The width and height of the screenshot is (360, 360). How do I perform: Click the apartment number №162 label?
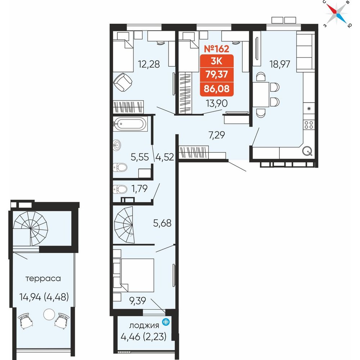click(216, 49)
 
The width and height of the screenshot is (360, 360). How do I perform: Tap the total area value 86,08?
click(216, 89)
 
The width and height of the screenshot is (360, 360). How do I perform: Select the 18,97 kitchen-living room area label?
click(280, 64)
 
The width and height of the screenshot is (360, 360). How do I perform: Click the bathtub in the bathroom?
click(130, 124)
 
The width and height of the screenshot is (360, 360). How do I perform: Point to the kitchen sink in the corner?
click(307, 151)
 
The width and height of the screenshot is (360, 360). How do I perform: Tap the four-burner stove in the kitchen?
click(309, 125)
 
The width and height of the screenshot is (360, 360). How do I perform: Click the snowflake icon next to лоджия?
click(166, 322)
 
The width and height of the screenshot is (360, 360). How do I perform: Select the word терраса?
click(43, 279)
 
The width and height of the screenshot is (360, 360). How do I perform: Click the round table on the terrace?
click(49, 314)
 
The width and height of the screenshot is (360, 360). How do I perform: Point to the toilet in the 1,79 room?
click(120, 189)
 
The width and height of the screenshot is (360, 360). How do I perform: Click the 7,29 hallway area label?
click(216, 135)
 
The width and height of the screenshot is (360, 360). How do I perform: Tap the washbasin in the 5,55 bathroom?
click(117, 145)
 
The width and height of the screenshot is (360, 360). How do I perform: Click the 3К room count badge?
click(216, 61)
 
